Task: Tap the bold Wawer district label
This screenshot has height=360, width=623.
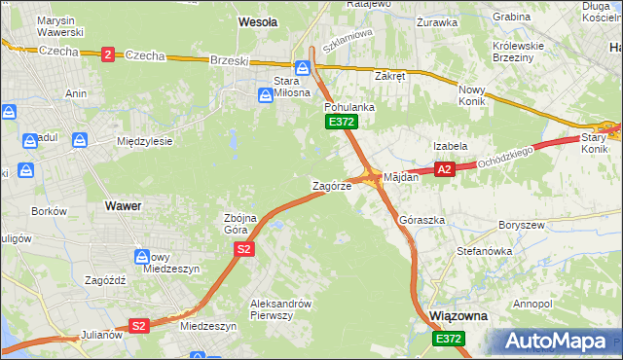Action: (x=123, y=206)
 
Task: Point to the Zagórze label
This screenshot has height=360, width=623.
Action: (x=331, y=186)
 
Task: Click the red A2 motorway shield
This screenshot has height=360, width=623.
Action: (x=445, y=169)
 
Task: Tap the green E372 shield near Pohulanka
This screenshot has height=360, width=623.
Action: (x=342, y=122)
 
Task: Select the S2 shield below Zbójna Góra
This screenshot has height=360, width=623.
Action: (x=244, y=250)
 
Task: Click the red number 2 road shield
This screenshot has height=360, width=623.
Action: (x=106, y=54)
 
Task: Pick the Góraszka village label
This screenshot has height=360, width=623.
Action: (x=421, y=221)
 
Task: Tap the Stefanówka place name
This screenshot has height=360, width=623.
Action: (x=484, y=251)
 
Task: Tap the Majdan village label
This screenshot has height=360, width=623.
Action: (x=401, y=178)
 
